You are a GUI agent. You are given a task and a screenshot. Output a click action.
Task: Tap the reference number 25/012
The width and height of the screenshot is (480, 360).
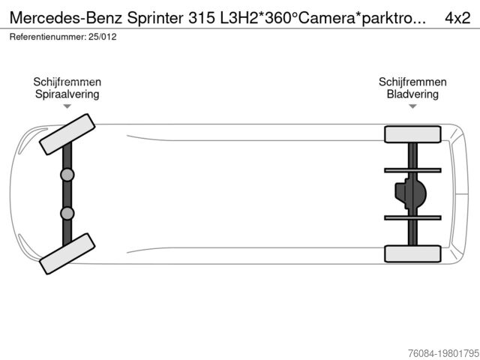coord(102,36)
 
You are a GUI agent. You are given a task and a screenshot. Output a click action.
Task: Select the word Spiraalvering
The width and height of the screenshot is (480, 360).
coord(67,94)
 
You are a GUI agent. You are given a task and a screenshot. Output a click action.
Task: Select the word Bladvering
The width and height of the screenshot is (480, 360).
coord(412,94)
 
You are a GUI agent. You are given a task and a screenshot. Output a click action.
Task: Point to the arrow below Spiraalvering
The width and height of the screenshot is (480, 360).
coord(67,107)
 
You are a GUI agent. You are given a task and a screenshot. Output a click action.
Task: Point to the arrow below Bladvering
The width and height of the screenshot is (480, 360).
coord(412,107)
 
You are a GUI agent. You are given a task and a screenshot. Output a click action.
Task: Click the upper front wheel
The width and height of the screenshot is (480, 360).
coord(67,134)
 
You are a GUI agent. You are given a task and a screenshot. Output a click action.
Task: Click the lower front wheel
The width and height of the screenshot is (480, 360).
coord(67,253)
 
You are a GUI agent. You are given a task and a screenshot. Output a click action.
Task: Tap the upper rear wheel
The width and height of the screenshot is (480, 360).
coord(412,134)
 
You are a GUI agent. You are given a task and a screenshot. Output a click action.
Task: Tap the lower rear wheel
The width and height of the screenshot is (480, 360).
coord(412,253)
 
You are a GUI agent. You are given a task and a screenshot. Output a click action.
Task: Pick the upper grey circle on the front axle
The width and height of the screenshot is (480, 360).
coord(67,175)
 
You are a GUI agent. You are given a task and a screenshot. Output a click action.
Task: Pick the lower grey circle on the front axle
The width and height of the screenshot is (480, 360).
coord(67,213)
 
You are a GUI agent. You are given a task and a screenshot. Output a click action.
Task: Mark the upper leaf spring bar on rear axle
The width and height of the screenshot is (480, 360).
coord(412,170)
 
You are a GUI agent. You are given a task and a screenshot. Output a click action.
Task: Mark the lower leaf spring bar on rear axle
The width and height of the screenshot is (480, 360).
coord(412,217)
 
